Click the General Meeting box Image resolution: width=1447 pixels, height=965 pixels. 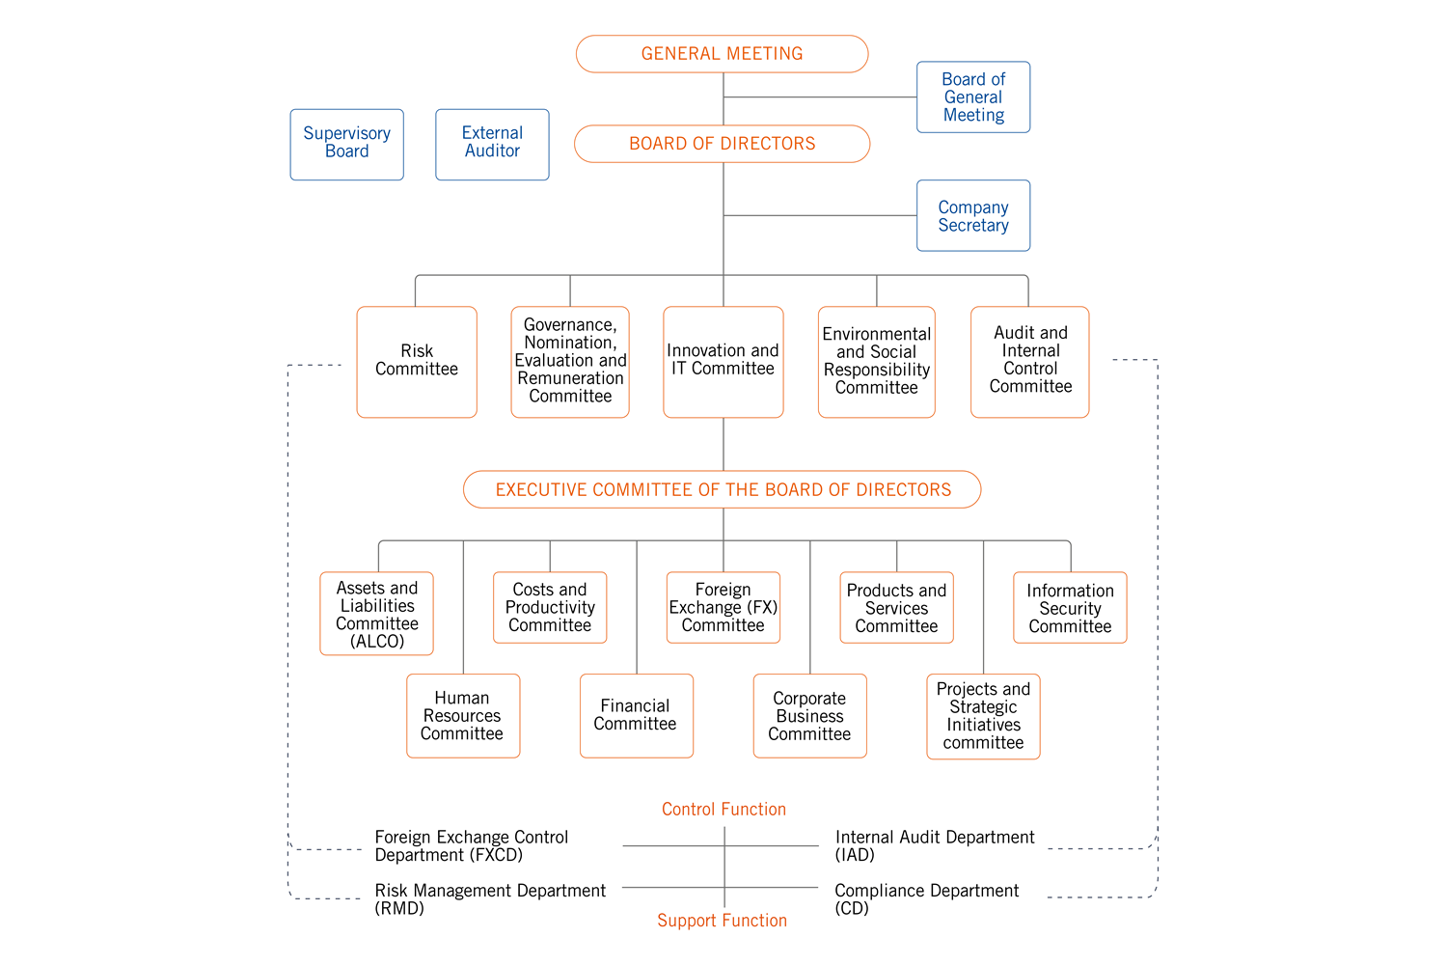tap(722, 54)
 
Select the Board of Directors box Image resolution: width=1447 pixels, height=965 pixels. tap(722, 144)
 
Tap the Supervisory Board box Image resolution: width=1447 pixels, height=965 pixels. tap(347, 144)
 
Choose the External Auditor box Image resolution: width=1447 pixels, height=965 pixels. tap(492, 144)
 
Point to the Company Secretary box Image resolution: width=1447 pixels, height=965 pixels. tap(972, 215)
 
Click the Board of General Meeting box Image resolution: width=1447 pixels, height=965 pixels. tap(972, 96)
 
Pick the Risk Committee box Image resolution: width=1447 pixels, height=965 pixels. tap(417, 362)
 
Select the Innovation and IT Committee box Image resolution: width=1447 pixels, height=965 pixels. tap(723, 362)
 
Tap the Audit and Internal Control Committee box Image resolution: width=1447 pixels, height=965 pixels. tap(1029, 362)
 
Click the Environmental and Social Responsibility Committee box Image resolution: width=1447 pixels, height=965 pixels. tap(876, 362)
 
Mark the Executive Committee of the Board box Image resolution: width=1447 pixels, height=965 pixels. tap(722, 489)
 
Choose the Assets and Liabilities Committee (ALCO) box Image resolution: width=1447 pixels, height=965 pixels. tap(376, 614)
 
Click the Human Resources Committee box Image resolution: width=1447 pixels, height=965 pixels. tap(462, 715)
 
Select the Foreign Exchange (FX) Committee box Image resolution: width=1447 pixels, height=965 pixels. tap(723, 607)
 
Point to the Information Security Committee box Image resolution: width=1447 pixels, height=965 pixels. tap(1070, 607)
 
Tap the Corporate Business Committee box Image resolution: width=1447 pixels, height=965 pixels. tap(809, 715)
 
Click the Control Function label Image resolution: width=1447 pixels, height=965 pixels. tap(723, 809)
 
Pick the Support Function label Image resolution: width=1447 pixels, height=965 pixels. tap(722, 920)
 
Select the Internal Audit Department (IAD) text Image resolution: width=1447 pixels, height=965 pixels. tap(934, 845)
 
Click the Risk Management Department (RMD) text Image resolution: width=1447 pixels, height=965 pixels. tap(490, 899)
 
